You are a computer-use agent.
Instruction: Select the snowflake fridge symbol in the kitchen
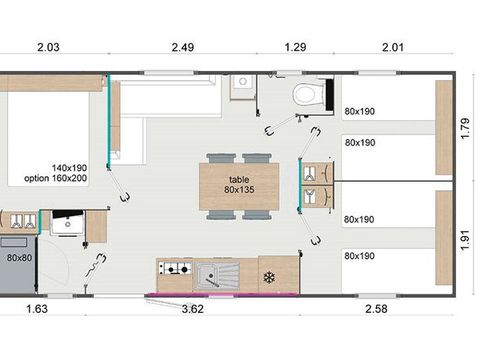coord(268,276)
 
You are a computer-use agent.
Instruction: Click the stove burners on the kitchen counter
coord(175,270)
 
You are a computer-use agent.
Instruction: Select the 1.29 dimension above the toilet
coord(296,46)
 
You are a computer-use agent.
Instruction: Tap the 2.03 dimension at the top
coord(49,46)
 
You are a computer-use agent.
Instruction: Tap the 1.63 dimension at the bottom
coord(35,309)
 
